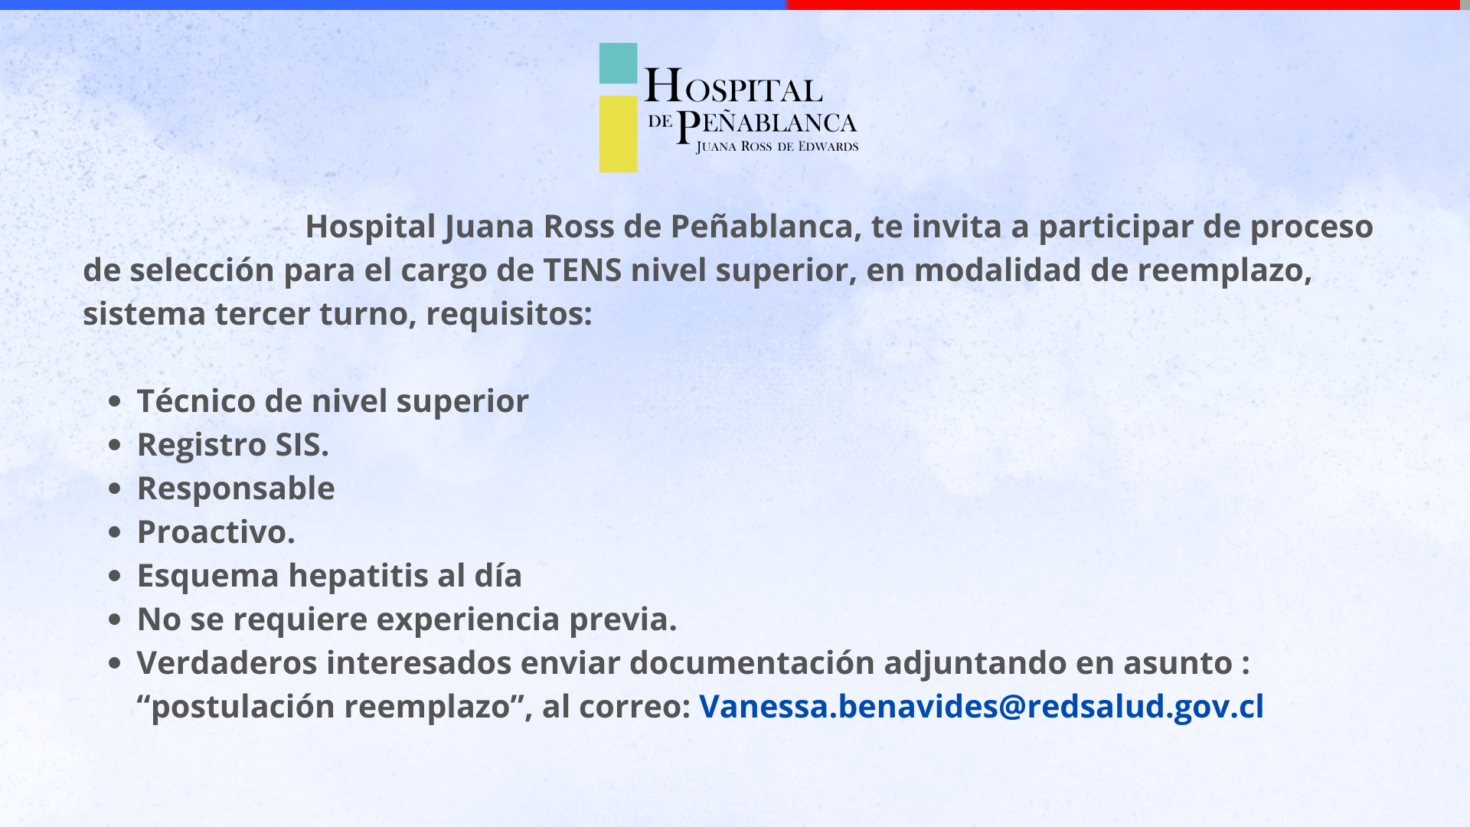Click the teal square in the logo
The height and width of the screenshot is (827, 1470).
(x=618, y=63)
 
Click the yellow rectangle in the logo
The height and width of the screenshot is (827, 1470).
(x=618, y=134)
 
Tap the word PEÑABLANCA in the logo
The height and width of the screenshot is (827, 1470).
(x=767, y=125)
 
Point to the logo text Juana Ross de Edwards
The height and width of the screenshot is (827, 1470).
(x=777, y=147)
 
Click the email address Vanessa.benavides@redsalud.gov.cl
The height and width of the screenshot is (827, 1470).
(x=982, y=706)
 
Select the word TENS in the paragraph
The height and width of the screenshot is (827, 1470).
(x=582, y=270)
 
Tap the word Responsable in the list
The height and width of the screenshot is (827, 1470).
(x=236, y=489)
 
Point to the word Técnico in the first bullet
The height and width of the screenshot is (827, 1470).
(x=196, y=400)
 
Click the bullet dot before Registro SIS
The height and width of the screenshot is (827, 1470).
(x=115, y=445)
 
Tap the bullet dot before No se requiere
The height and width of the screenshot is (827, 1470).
(x=115, y=619)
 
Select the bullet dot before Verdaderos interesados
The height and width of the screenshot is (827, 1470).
(x=115, y=663)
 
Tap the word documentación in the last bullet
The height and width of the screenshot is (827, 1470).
(x=752, y=663)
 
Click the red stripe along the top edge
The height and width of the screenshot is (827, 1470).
(x=1123, y=5)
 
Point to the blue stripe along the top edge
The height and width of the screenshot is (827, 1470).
(x=394, y=5)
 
